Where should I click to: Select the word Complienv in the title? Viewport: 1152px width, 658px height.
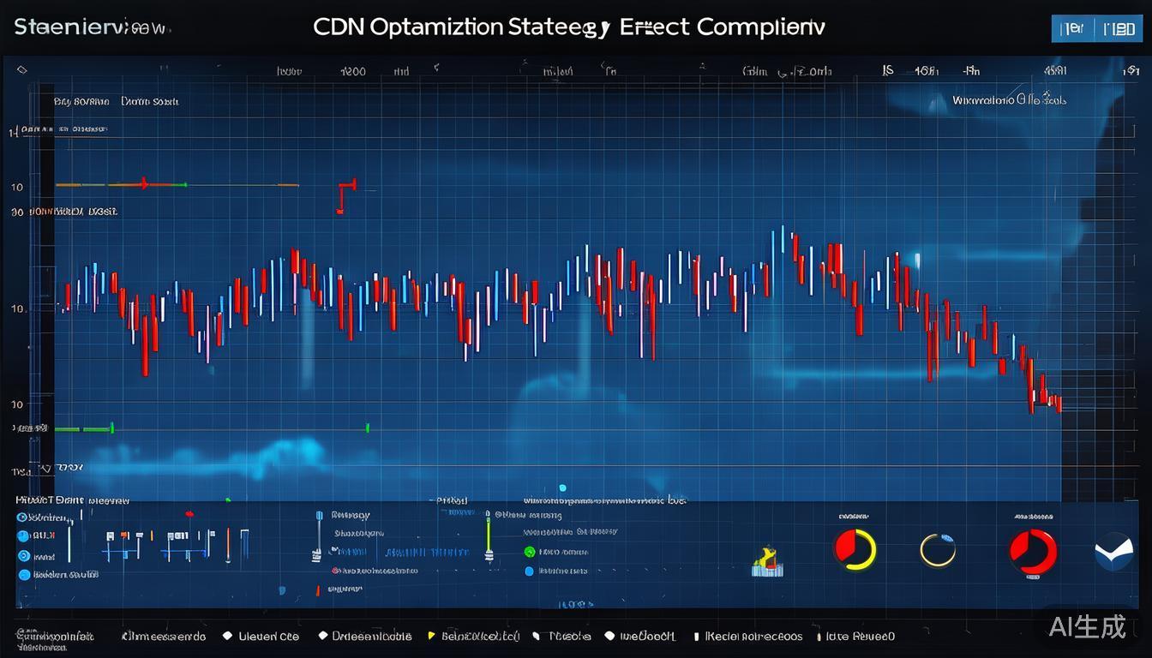761,27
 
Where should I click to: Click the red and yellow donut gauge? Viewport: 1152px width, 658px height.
855,548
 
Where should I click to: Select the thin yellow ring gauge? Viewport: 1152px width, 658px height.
937,550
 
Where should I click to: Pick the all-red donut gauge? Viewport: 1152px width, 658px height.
1032,550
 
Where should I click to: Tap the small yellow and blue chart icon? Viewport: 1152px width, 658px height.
767,561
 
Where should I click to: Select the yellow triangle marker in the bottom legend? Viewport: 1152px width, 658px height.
431,637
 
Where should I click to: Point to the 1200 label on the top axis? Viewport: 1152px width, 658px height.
353,72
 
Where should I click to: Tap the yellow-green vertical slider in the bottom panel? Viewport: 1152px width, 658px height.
489,537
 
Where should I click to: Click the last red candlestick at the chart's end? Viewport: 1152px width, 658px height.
1058,402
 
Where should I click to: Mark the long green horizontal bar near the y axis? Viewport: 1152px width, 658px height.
84,428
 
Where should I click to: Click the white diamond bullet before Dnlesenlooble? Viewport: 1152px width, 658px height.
322,636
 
